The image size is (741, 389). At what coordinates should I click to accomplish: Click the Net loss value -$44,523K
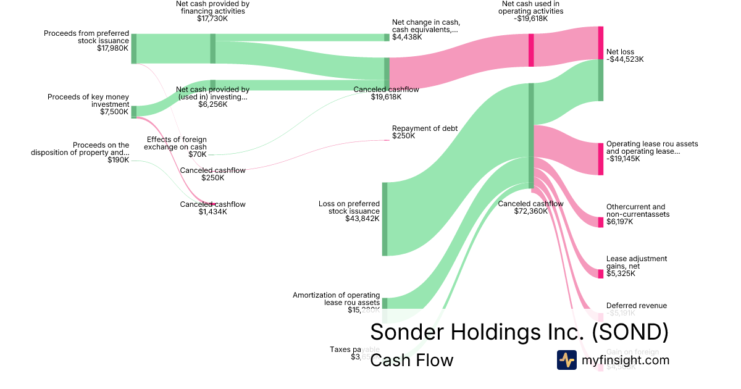click(625, 60)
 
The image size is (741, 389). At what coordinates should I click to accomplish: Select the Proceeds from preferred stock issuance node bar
click(134, 49)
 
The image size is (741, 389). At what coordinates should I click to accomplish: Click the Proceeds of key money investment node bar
click(134, 112)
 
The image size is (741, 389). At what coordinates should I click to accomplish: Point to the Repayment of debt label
click(425, 128)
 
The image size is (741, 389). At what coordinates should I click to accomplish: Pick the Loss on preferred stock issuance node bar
click(385, 219)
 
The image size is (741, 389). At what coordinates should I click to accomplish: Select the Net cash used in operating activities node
click(531, 50)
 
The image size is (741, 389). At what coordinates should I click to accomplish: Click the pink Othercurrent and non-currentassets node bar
click(600, 222)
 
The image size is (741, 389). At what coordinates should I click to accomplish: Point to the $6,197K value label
click(619, 222)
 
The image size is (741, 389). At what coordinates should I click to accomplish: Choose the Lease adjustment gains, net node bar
click(600, 274)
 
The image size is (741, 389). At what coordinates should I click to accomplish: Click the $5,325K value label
click(621, 274)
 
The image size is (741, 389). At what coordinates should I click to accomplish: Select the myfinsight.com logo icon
click(566, 360)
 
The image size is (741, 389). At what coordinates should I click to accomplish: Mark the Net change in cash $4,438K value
click(407, 37)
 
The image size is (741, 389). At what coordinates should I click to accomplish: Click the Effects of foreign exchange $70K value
click(198, 154)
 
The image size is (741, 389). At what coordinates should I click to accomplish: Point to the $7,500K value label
click(115, 112)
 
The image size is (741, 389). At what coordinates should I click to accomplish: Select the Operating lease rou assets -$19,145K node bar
click(600, 159)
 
